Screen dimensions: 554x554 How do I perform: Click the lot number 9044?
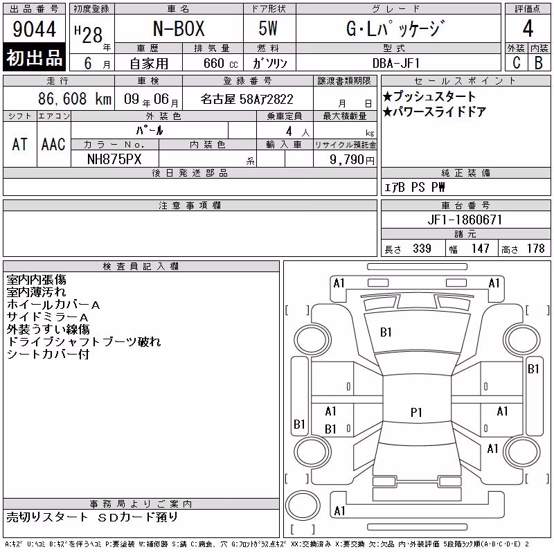34,29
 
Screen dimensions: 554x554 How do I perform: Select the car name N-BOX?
179,28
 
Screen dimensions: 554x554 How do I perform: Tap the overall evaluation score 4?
528,28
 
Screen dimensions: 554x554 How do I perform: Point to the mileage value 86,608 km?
75,99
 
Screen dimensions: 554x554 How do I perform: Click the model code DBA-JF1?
396,63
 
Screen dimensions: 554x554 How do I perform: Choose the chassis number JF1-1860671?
465,220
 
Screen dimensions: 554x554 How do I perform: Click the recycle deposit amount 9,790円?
352,160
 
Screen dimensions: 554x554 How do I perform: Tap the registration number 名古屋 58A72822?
247,99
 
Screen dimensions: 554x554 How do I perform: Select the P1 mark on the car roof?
416,412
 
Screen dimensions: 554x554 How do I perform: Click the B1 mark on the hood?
386,332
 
